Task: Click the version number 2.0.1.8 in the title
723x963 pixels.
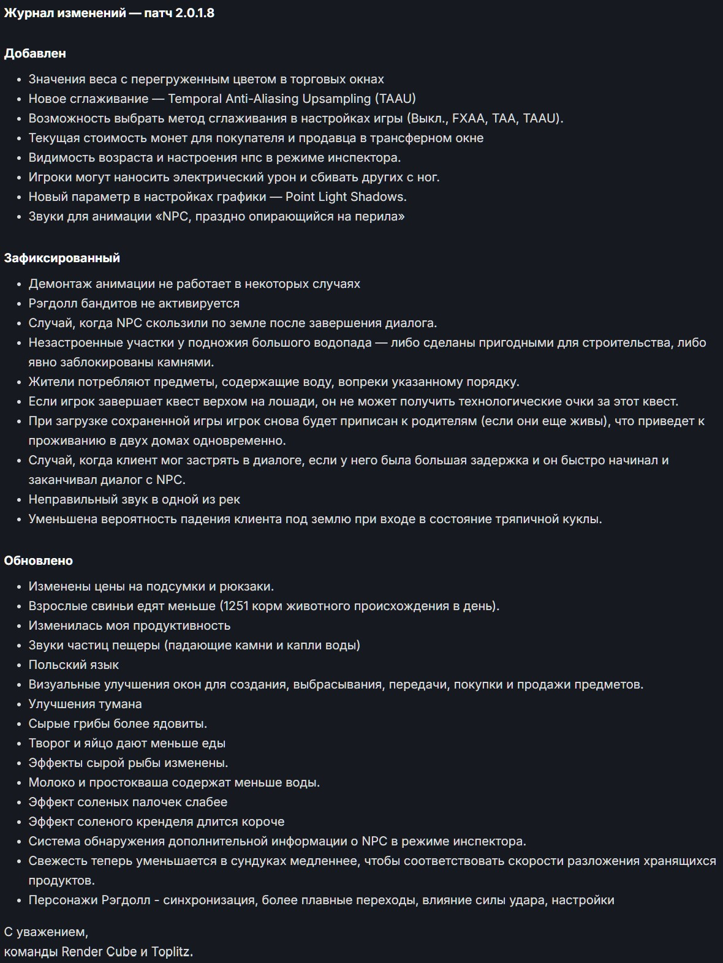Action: pos(194,13)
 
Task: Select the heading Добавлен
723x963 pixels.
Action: pos(35,53)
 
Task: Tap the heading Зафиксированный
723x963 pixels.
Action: pos(62,258)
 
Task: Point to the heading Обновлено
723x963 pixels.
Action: pos(38,561)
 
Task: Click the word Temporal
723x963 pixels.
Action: pos(195,99)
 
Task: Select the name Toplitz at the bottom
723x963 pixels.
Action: pos(172,951)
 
